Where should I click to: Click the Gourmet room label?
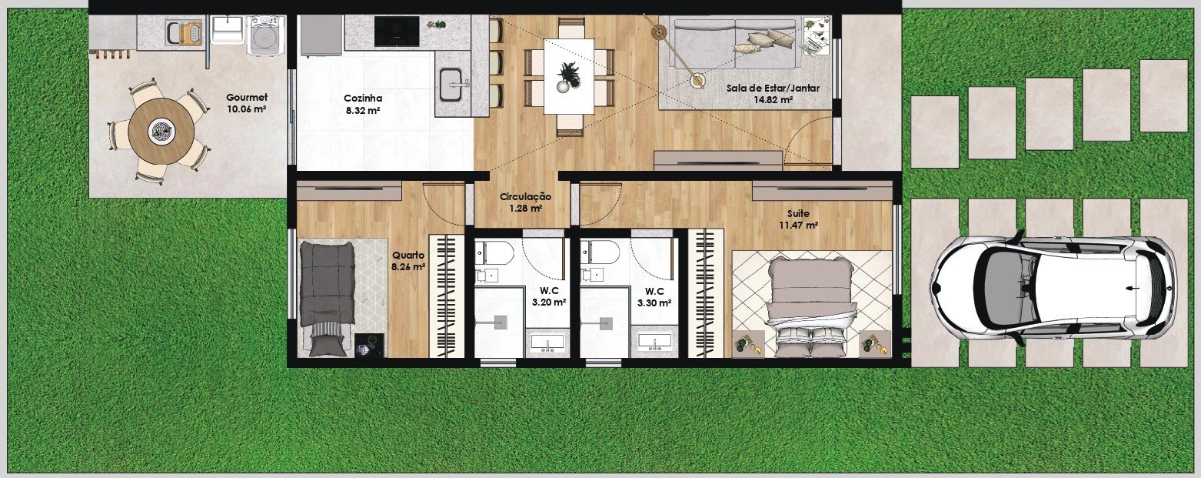tap(247, 103)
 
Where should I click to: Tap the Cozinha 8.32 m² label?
tap(363, 104)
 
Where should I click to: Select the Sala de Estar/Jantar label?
tap(773, 93)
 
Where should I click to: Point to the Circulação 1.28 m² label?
tap(525, 202)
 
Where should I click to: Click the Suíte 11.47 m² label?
tap(798, 219)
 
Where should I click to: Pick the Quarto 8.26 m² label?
tap(408, 261)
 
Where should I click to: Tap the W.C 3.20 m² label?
tap(549, 296)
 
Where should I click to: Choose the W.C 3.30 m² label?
tap(654, 296)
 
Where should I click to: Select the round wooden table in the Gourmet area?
tap(161, 131)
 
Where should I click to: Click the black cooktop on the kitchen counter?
tap(397, 31)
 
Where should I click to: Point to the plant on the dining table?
tap(569, 76)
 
